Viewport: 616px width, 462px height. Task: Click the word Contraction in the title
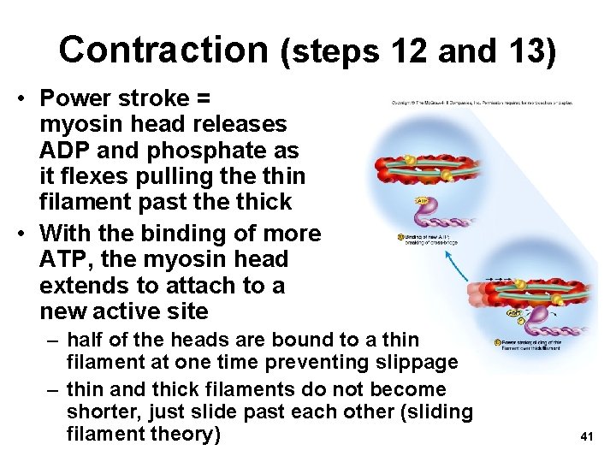click(163, 49)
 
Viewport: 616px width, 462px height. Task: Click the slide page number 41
click(586, 436)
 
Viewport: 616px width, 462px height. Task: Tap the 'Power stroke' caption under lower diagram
click(530, 346)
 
